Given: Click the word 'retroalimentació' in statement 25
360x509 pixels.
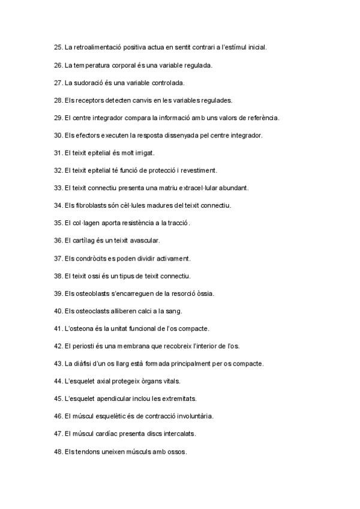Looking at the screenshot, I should tap(95, 47).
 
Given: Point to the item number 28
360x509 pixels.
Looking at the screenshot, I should tap(58, 100).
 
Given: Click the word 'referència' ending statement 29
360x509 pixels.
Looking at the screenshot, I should tap(263, 118).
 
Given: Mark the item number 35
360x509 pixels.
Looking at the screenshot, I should tap(58, 223).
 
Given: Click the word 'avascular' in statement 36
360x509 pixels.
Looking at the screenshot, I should tap(145, 241).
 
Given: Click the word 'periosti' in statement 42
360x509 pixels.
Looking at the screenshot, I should tap(85, 346).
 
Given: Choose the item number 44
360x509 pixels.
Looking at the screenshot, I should tap(58, 381).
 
